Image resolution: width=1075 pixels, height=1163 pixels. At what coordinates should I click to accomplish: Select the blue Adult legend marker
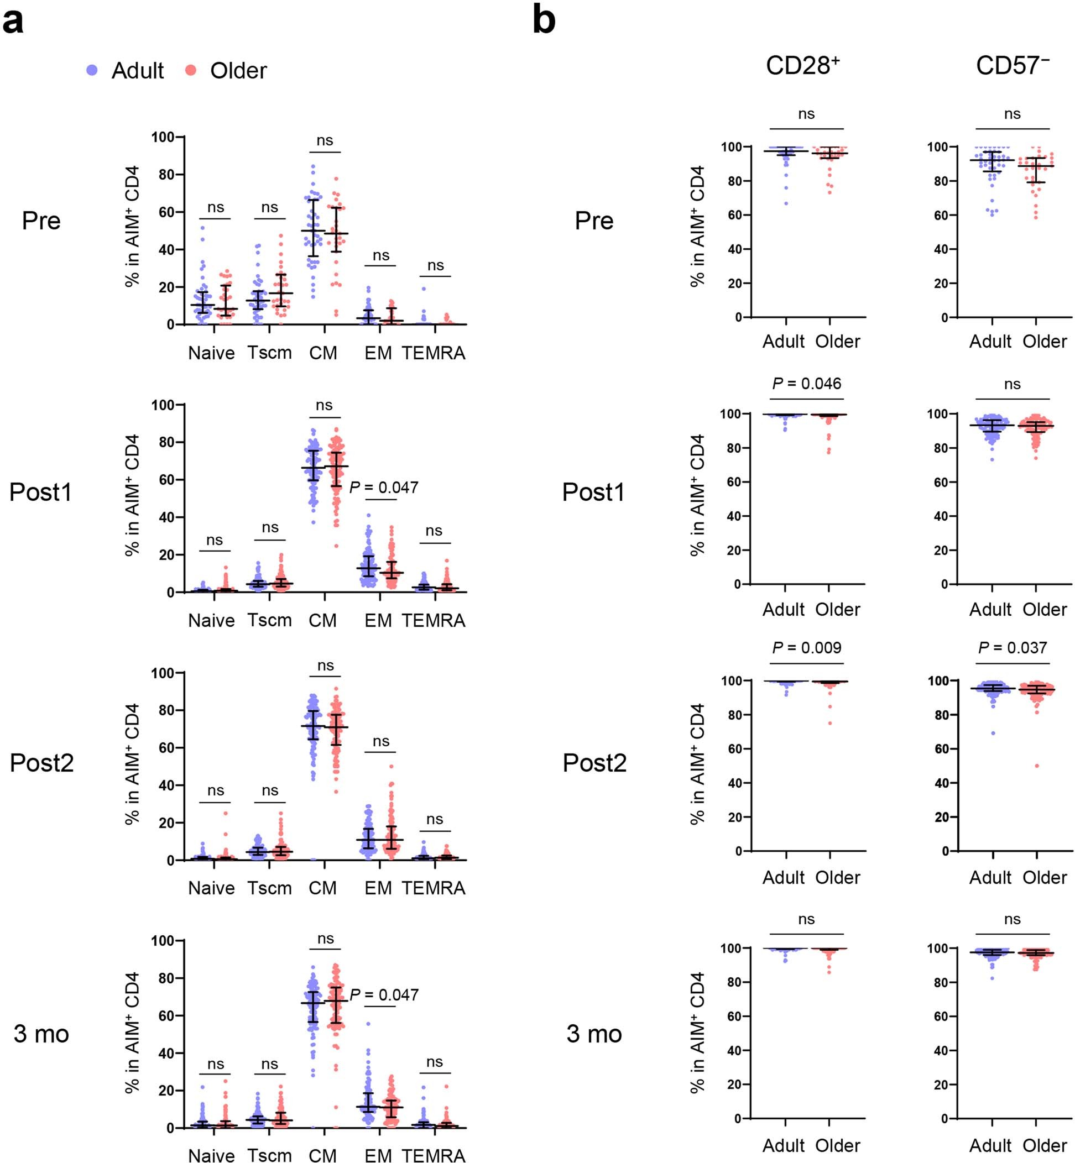(92, 70)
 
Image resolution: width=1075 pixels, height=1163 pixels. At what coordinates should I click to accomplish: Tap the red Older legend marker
(191, 70)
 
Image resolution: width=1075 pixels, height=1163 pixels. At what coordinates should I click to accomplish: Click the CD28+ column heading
(803, 66)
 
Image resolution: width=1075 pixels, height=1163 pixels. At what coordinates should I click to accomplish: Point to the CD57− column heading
(1013, 66)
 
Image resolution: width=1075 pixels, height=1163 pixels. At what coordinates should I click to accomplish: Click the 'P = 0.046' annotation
(806, 384)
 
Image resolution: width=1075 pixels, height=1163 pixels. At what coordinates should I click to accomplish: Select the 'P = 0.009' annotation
(806, 648)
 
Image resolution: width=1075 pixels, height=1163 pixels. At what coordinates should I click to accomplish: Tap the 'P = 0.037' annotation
(1013, 648)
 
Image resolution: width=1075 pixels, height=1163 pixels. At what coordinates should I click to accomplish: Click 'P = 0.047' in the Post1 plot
(384, 488)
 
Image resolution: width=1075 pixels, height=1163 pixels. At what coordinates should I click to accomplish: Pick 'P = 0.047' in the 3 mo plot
(384, 995)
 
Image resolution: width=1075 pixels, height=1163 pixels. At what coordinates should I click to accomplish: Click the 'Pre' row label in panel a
(41, 221)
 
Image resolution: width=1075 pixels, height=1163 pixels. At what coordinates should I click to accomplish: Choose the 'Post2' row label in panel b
(594, 763)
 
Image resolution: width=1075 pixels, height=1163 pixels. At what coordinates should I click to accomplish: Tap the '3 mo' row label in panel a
(41, 1034)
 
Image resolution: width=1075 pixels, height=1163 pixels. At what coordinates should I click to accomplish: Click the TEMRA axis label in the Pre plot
(434, 353)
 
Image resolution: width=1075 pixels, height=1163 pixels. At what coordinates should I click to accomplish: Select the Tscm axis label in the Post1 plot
(270, 620)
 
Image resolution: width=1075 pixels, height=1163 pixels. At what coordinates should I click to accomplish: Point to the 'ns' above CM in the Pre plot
(325, 141)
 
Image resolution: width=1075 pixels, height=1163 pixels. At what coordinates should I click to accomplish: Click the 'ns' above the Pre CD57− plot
(1012, 114)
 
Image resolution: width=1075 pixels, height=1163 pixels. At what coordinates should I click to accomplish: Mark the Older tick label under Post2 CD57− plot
(1045, 877)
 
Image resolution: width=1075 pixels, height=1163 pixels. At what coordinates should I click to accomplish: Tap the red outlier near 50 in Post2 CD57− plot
(1037, 766)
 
